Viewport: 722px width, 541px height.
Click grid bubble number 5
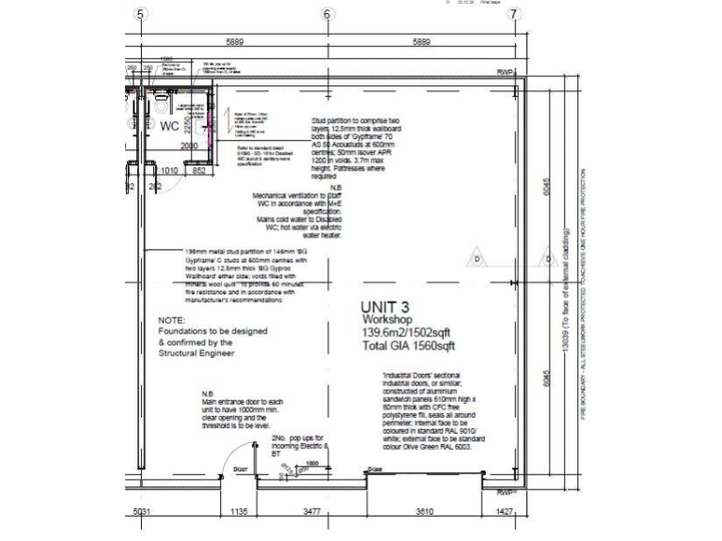pyautogui.click(x=141, y=14)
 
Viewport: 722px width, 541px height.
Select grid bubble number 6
pyautogui.click(x=327, y=14)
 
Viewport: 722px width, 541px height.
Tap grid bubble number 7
pyautogui.click(x=513, y=14)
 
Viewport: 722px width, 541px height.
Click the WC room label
pyautogui.click(x=169, y=125)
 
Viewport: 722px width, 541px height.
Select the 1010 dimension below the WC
pyautogui.click(x=170, y=171)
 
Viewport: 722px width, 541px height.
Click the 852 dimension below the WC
pyautogui.click(x=200, y=171)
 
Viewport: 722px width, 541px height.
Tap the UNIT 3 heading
pyautogui.click(x=385, y=306)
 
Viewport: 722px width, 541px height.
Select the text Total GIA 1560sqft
pyautogui.click(x=409, y=346)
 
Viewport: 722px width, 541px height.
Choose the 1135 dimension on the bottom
pyautogui.click(x=237, y=512)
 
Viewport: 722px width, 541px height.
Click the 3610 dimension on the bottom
pyautogui.click(x=430, y=512)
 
